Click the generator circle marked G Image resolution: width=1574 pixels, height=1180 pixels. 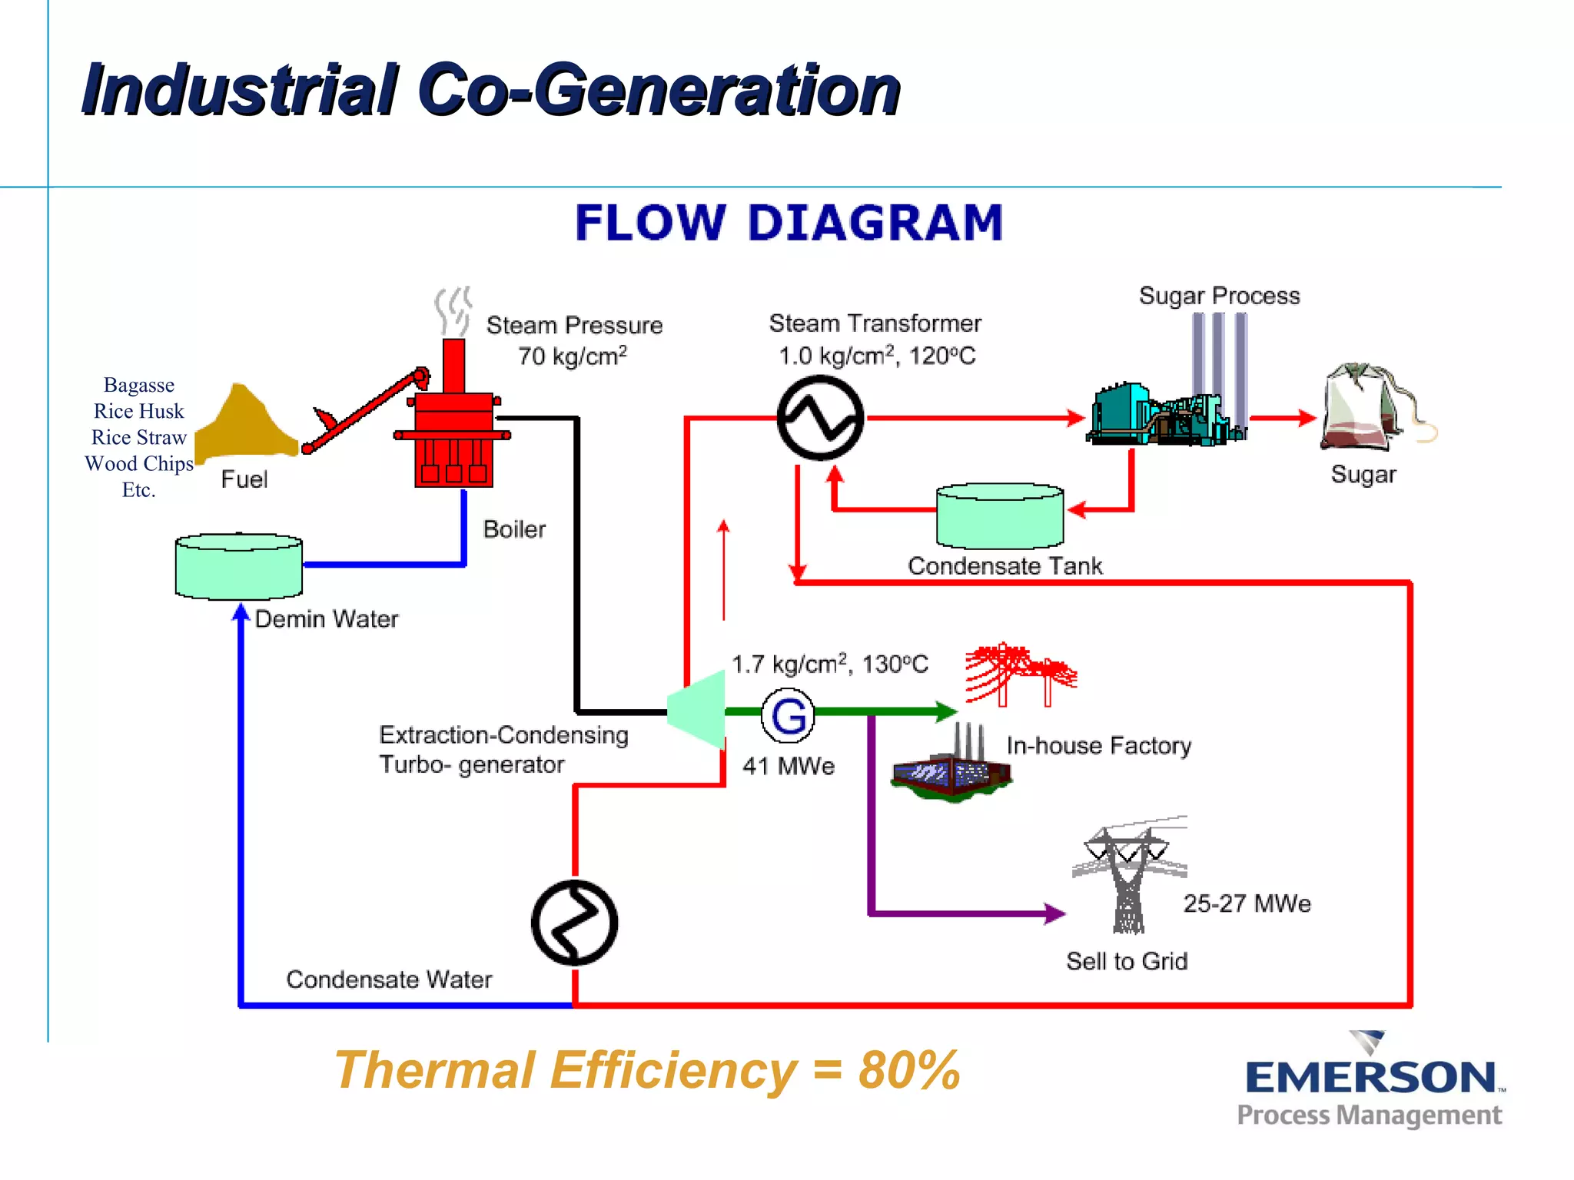(x=788, y=715)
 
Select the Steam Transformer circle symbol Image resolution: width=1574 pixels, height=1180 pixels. (x=820, y=418)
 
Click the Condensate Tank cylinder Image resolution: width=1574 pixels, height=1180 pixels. (x=1000, y=516)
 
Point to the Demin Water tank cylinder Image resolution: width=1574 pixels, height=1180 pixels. (x=239, y=567)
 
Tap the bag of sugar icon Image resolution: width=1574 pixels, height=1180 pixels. (x=1364, y=407)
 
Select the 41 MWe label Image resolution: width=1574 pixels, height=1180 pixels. (x=789, y=766)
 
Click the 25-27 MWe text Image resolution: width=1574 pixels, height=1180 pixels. (x=1247, y=903)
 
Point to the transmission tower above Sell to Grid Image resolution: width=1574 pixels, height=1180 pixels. (x=1128, y=876)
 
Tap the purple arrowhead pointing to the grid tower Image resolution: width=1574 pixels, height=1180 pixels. (x=1054, y=913)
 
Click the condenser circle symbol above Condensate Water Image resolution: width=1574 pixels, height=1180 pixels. (x=574, y=922)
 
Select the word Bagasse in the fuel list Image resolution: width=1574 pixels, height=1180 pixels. (x=139, y=385)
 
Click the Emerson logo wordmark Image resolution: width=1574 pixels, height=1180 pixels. (x=1371, y=1078)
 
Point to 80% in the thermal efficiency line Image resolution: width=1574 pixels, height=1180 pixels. (x=909, y=1070)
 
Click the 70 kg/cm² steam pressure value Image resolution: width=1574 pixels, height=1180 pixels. (x=572, y=356)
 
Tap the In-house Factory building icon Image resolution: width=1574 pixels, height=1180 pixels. (x=952, y=768)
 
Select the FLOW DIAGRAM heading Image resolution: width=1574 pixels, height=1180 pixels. (x=789, y=223)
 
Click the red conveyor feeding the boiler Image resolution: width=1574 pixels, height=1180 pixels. (x=365, y=411)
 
